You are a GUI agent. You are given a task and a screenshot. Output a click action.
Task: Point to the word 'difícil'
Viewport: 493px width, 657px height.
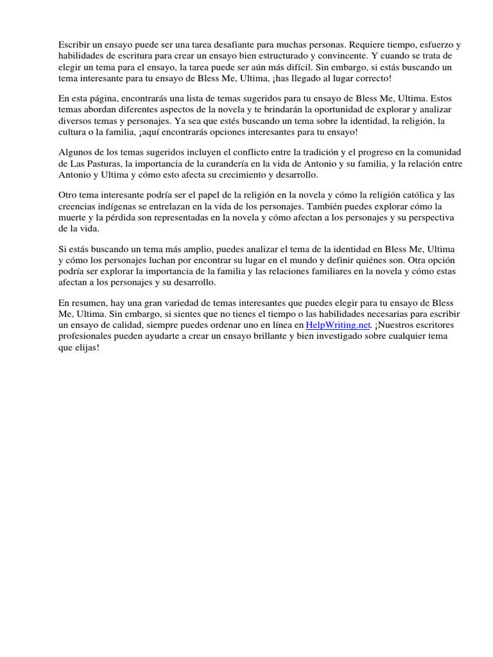tap(299, 67)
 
